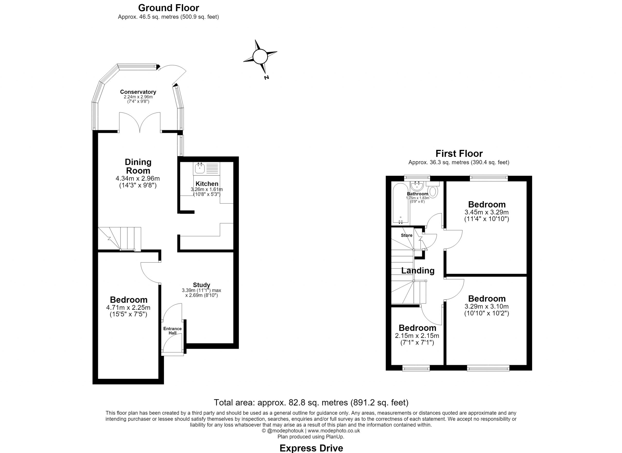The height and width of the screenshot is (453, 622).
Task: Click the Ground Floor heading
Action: [x=168, y=8]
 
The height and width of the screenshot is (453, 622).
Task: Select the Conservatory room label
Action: [x=138, y=92]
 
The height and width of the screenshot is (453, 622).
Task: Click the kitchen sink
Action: [x=200, y=168]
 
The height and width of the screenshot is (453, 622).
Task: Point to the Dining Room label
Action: [x=138, y=166]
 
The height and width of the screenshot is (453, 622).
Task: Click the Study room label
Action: [x=201, y=285]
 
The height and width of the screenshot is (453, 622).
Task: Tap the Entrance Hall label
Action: [x=172, y=331]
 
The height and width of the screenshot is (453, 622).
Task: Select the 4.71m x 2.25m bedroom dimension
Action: [x=128, y=308]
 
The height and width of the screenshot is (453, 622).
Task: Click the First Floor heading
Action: [x=459, y=153]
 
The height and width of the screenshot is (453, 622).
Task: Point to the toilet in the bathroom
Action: [x=433, y=190]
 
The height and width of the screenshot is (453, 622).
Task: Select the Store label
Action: [x=406, y=235]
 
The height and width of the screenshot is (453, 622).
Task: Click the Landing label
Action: [x=418, y=271]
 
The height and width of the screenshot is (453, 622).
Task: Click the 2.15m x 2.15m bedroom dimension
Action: [x=417, y=335]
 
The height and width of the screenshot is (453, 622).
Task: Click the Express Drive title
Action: [x=311, y=448]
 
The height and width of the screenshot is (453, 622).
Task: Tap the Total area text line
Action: [x=311, y=402]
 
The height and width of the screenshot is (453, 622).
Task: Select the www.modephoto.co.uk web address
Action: [x=334, y=431]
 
